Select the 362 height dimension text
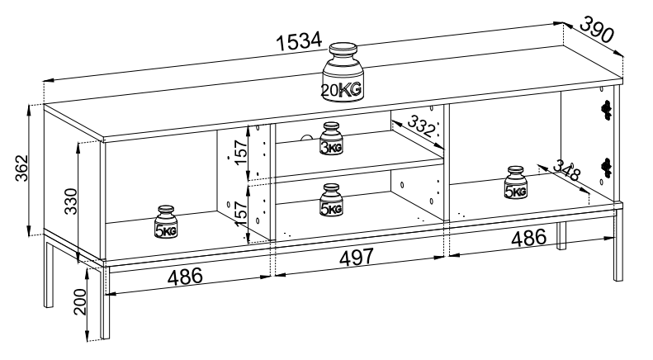coord(14,171)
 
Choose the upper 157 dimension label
coord(241,152)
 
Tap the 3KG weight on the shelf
coord(331,140)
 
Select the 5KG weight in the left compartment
coord(165,223)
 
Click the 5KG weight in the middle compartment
coord(331,201)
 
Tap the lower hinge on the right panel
coord(608,168)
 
